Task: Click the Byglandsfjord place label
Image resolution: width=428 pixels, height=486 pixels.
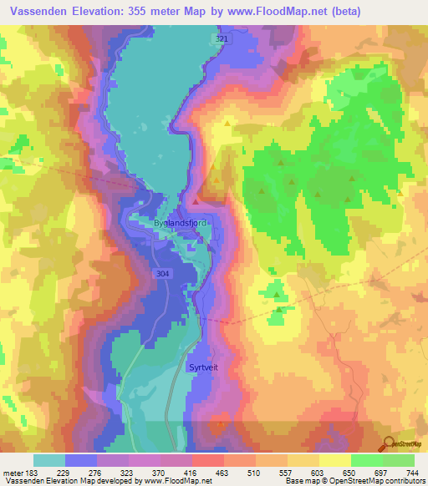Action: pos(180,224)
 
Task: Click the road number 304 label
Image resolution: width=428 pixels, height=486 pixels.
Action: pos(165,273)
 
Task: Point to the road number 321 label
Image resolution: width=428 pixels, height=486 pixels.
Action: pos(221,39)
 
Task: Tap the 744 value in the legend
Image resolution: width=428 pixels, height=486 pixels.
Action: pos(410,472)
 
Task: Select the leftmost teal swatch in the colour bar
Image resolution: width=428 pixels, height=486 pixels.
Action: pos(49,460)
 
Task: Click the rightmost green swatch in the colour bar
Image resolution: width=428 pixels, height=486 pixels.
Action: pos(399,460)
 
